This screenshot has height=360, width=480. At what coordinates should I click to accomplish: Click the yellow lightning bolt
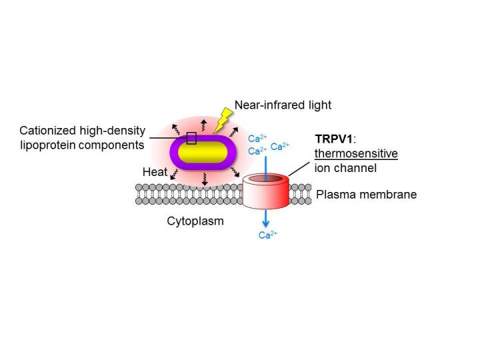pyautogui.click(x=221, y=120)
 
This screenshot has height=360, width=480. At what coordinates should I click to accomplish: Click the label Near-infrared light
pyautogui.click(x=283, y=105)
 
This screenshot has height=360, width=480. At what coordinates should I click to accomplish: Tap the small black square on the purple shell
pyautogui.click(x=191, y=138)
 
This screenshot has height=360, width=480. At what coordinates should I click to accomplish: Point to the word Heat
pyautogui.click(x=154, y=172)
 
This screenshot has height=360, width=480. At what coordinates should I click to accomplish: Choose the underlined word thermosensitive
pyautogui.click(x=356, y=154)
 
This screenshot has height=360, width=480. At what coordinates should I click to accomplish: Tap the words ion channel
pyautogui.click(x=345, y=168)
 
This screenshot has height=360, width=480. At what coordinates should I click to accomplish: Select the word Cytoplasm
pyautogui.click(x=195, y=221)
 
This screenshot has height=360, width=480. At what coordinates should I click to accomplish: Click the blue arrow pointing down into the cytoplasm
pyautogui.click(x=266, y=218)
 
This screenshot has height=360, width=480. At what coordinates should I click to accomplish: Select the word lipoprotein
pyautogui.click(x=48, y=145)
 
